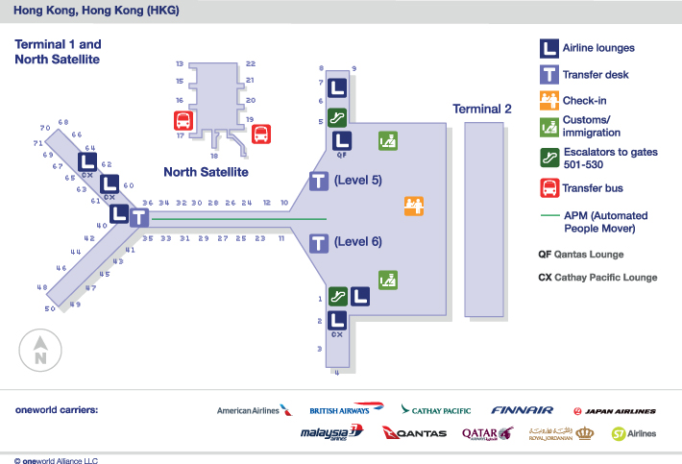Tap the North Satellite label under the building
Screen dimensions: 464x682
pos(206,172)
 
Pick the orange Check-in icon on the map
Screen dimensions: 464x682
pos(414,205)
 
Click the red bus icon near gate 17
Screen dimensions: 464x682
pos(183,121)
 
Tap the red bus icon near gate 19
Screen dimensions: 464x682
pos(260,134)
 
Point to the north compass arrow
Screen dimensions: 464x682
pos(40,349)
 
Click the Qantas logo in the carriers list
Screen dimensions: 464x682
pos(415,433)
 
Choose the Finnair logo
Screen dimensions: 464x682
pos(522,410)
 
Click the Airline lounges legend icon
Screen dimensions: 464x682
pos(548,47)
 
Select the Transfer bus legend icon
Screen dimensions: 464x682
pos(548,187)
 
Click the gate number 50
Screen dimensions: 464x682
pos(49,308)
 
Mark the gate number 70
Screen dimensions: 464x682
pos(44,128)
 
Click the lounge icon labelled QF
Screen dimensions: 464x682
pos(341,141)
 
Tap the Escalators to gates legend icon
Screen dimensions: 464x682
pos(548,158)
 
